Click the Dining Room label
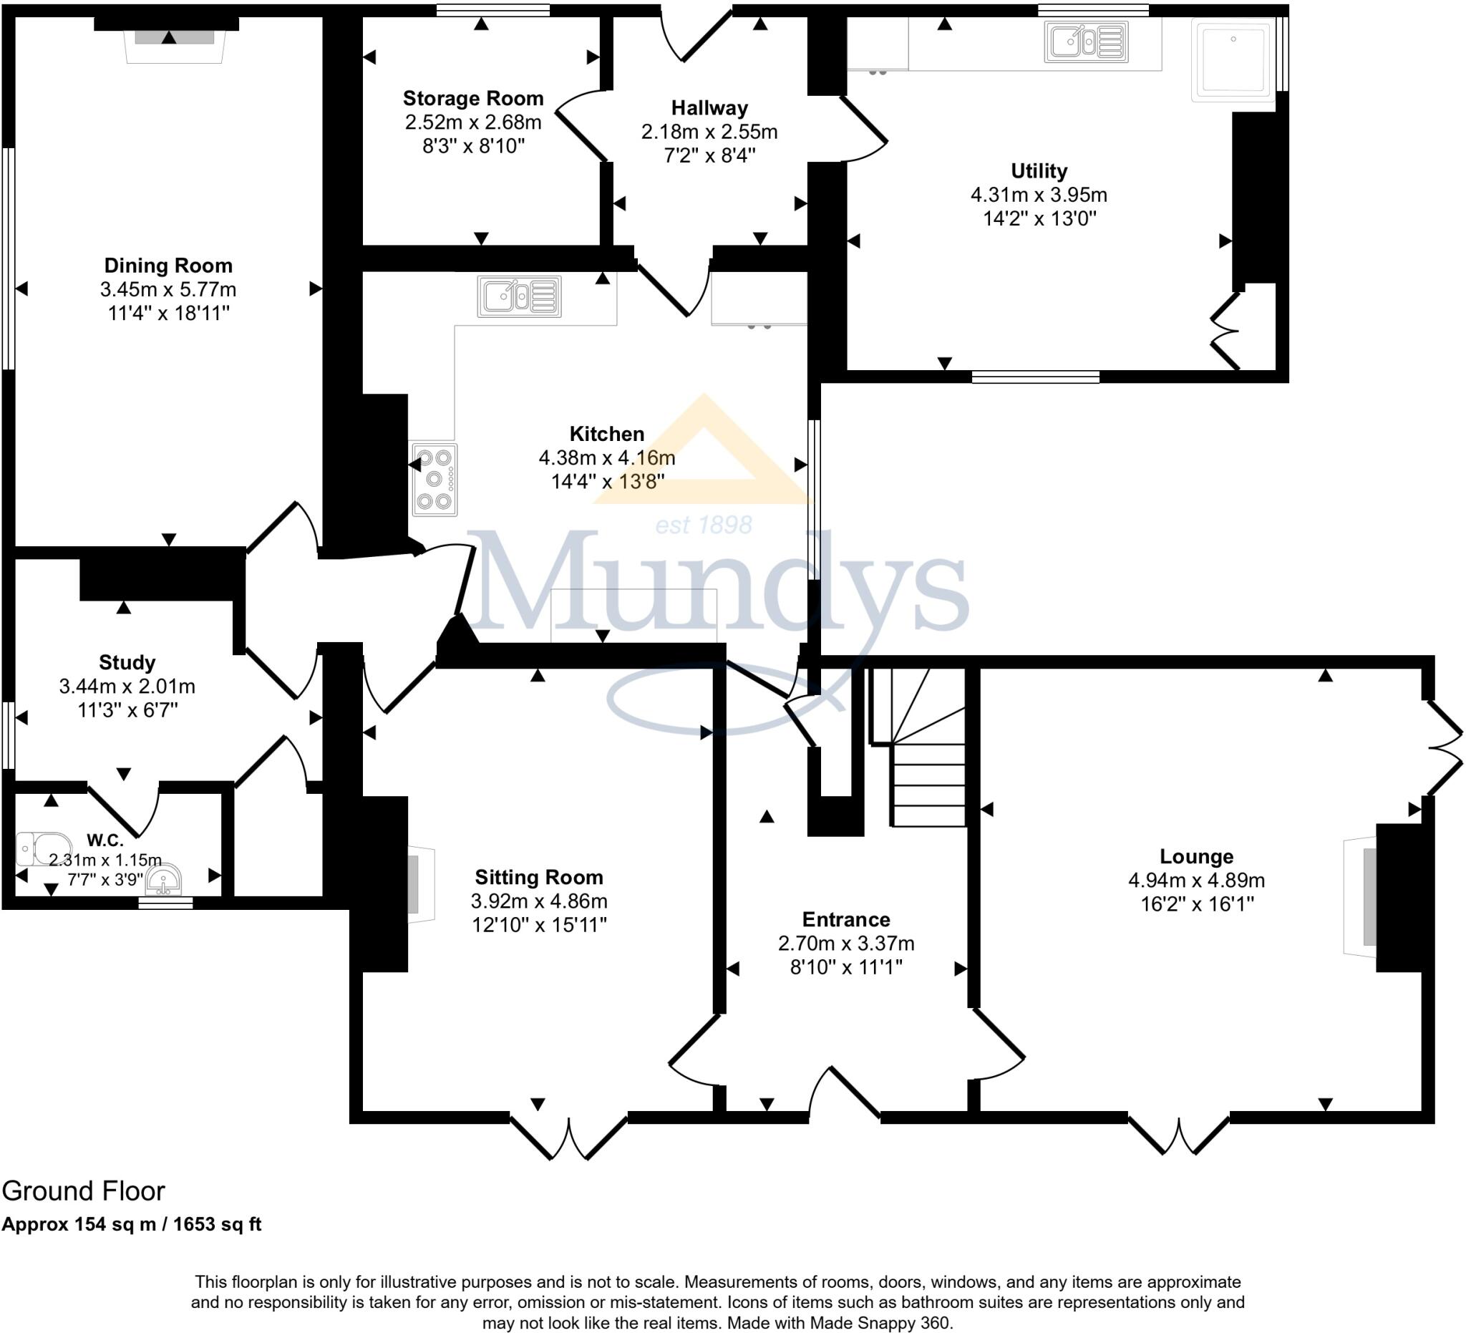click(168, 266)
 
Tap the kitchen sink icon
click(518, 296)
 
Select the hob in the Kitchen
click(434, 479)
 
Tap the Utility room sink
click(1086, 42)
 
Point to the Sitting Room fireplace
click(419, 884)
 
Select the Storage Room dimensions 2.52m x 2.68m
click(472, 122)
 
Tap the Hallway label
click(709, 108)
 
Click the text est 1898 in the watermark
click(703, 524)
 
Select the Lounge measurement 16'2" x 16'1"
click(1196, 904)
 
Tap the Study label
click(127, 662)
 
